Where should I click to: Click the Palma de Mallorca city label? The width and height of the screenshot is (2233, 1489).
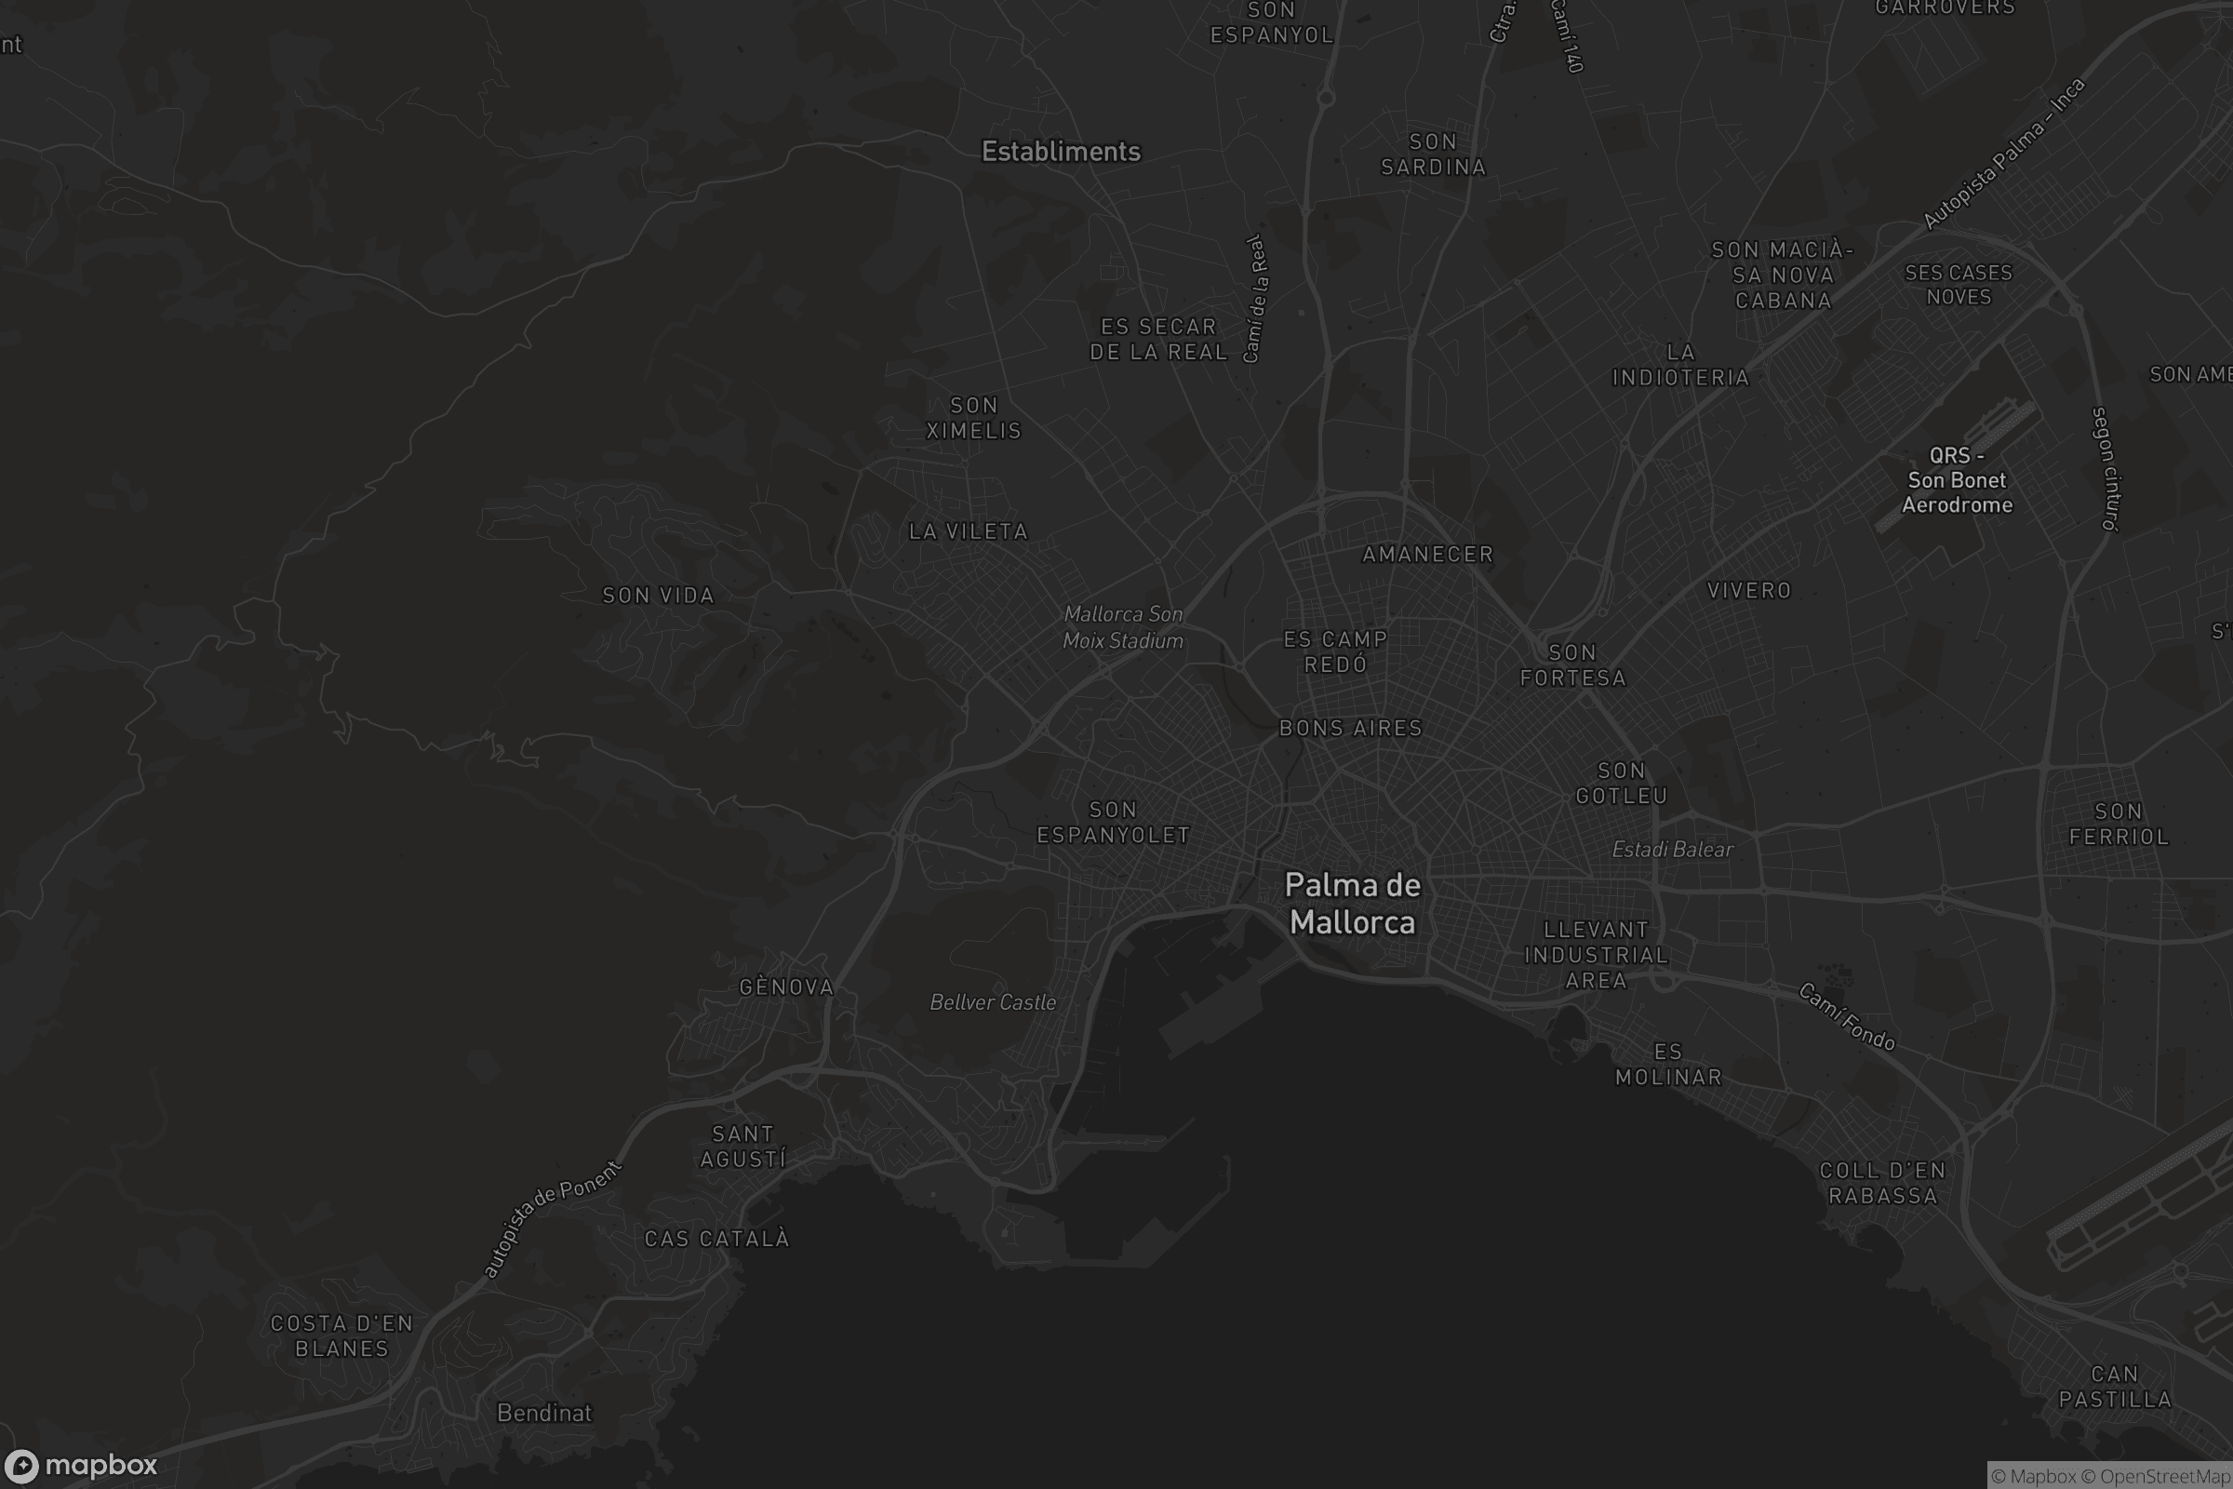pos(1352,903)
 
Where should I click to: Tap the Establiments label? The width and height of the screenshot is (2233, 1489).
pos(1061,152)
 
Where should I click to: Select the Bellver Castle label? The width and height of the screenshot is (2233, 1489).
pos(992,1002)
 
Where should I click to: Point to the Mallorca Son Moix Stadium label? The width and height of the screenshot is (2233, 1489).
pos(1123,626)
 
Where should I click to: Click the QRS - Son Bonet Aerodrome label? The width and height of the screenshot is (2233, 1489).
pos(1957,480)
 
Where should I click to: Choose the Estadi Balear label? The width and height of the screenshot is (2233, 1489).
pos(1673,849)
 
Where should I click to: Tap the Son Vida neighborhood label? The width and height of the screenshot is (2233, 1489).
pos(658,596)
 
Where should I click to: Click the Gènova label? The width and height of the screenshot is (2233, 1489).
pos(786,987)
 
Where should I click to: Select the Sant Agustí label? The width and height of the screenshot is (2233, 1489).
pos(742,1147)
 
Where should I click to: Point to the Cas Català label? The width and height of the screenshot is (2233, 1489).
pos(716,1239)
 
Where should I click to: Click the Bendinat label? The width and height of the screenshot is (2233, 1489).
pos(544,1413)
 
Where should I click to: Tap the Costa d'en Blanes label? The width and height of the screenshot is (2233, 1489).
pos(341,1335)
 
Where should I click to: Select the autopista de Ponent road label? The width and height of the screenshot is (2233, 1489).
pos(551,1218)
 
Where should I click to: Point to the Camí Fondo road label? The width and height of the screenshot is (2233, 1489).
pos(1847,1017)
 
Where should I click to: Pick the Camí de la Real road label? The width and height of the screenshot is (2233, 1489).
pos(1254,298)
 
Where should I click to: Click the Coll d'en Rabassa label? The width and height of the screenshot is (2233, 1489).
pos(1882,1183)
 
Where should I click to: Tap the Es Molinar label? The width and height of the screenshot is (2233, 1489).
pos(1668,1065)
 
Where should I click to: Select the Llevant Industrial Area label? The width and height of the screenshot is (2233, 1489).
pos(1596,956)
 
